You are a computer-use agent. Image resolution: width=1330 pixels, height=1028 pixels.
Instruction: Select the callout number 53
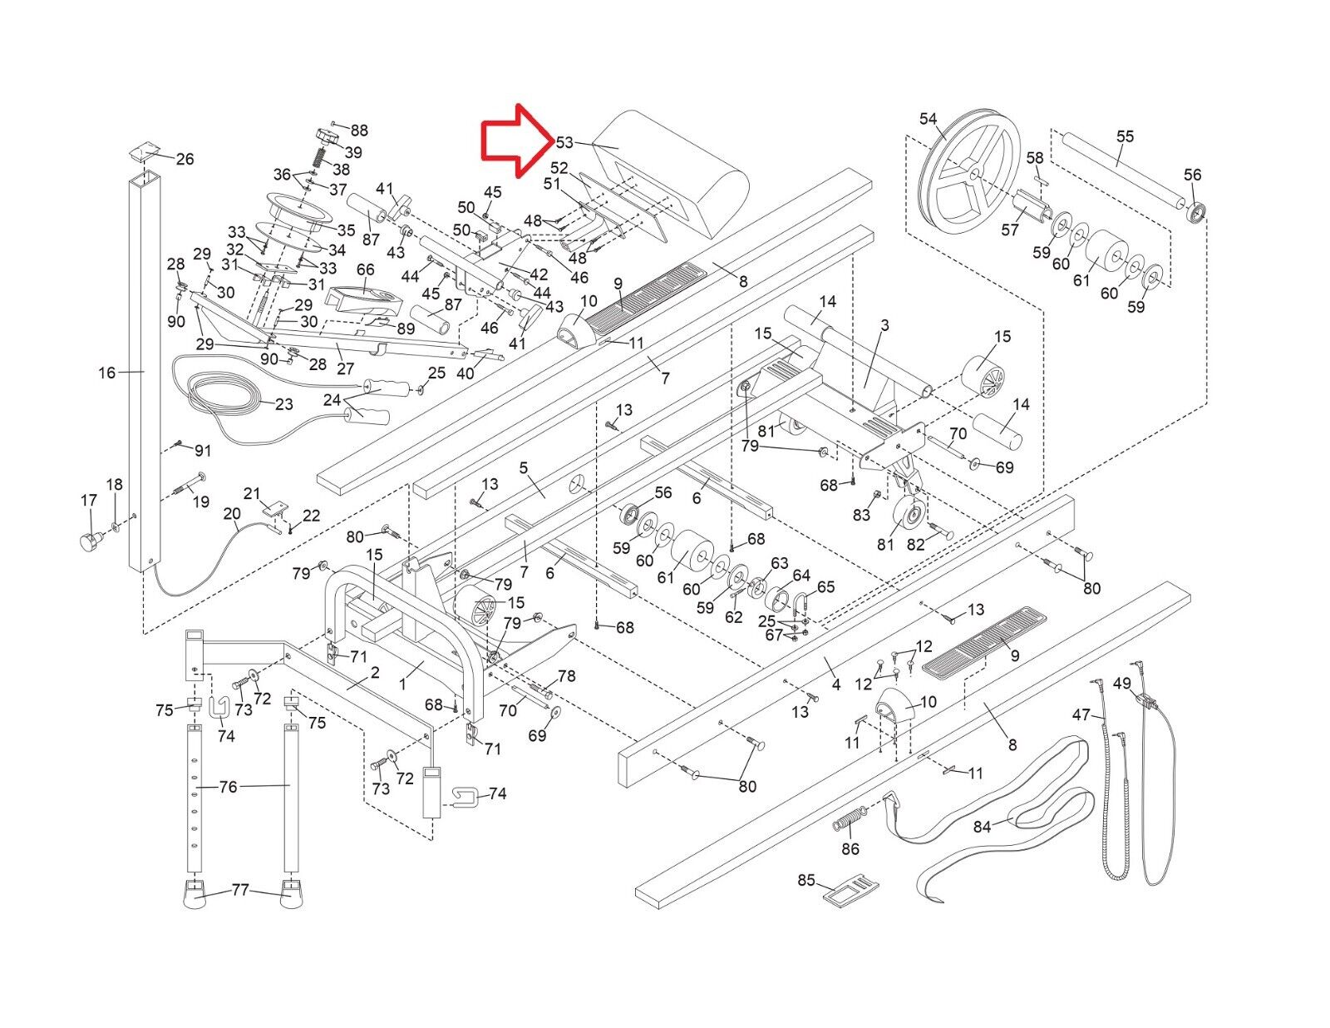[564, 143]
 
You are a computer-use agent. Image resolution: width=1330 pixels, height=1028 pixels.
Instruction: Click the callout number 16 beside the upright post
[106, 373]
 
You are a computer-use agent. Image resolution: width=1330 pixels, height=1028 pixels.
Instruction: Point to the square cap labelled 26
[144, 152]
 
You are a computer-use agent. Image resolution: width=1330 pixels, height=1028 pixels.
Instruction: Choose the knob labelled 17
[88, 542]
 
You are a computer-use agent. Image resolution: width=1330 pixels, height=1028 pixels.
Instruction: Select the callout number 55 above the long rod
[1125, 136]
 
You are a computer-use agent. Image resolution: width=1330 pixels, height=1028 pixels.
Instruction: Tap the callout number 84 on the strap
[983, 827]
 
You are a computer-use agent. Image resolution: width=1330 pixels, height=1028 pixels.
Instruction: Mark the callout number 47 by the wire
[1081, 714]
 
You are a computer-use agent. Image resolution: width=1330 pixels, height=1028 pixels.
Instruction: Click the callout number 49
[1121, 684]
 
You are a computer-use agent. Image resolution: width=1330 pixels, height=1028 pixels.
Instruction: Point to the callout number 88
[359, 131]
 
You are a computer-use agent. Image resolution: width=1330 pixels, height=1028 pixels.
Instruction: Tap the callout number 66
[366, 269]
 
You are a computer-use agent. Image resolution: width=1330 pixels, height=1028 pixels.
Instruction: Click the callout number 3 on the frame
[884, 325]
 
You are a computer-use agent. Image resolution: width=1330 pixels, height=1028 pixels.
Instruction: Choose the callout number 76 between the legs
[228, 786]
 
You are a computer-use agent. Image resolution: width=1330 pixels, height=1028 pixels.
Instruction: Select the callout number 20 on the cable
[231, 514]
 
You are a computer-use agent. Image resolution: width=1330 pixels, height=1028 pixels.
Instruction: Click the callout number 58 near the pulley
[1034, 158]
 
